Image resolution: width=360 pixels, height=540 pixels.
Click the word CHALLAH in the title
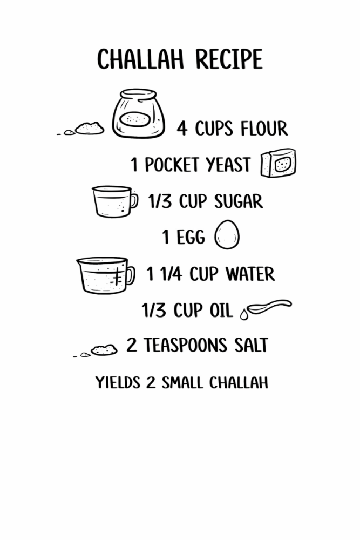[x=140, y=59]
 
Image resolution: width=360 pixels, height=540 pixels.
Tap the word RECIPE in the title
[x=229, y=59]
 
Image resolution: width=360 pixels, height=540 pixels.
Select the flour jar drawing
[x=138, y=113]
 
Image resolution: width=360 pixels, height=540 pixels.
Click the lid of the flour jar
[x=138, y=94]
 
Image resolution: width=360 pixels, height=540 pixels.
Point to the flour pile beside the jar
[x=89, y=128]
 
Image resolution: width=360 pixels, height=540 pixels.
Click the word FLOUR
[x=264, y=129]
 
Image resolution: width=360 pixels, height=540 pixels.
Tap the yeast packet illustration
[x=279, y=163]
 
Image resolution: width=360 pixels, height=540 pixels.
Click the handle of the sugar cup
[x=134, y=201]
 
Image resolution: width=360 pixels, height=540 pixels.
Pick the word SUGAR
[x=239, y=201]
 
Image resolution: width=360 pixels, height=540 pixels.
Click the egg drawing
[x=227, y=234]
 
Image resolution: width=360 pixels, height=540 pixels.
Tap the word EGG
[x=191, y=237]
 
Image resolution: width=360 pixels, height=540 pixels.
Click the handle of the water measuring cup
[x=130, y=275]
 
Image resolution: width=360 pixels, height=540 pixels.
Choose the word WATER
[x=250, y=274]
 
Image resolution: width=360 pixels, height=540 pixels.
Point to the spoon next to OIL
[x=269, y=306]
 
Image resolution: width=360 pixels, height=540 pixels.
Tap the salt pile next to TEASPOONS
[x=104, y=350]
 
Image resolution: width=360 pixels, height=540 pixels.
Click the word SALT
[x=251, y=345]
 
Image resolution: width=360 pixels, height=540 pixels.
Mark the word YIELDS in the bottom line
[x=118, y=383]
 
